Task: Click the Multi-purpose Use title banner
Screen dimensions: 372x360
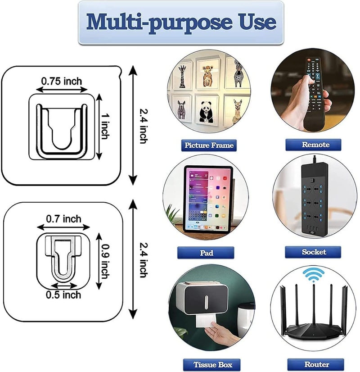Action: [180, 22]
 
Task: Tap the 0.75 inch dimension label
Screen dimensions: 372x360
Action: [62, 82]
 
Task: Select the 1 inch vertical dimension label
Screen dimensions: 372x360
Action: [104, 127]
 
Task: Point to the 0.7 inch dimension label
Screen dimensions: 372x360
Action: [64, 219]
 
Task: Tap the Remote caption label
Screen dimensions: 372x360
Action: [313, 145]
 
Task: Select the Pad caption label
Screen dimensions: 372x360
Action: [206, 253]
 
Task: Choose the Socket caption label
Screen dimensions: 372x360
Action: [314, 252]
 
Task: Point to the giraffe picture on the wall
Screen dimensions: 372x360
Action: [183, 75]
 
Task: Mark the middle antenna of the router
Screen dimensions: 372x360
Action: [314, 306]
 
